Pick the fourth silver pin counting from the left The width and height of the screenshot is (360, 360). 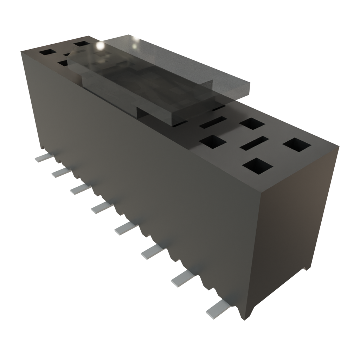coord(100,208)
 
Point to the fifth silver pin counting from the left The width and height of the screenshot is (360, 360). coord(124,229)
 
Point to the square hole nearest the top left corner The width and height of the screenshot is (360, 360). coord(47,52)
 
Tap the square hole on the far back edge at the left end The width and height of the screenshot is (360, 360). coord(82,44)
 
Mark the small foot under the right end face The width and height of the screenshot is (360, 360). coord(307,268)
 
